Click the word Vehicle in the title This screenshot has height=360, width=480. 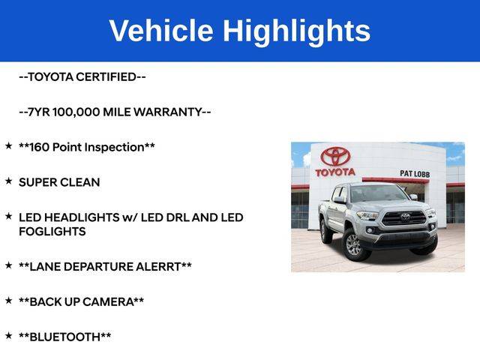[161, 30]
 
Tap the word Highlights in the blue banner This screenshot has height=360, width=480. [296, 32]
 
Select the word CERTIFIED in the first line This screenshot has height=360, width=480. [110, 76]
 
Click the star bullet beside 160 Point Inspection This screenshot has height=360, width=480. [8, 145]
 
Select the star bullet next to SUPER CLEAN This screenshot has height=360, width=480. [8, 181]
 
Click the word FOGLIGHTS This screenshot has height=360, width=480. [52, 232]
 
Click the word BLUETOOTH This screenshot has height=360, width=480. [65, 337]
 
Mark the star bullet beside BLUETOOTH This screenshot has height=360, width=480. [8, 336]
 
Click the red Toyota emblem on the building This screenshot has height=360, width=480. [335, 157]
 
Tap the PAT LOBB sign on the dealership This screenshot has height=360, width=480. [415, 174]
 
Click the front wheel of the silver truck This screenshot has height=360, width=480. [355, 244]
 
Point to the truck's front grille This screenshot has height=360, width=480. [404, 218]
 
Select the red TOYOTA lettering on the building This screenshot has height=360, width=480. [335, 172]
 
